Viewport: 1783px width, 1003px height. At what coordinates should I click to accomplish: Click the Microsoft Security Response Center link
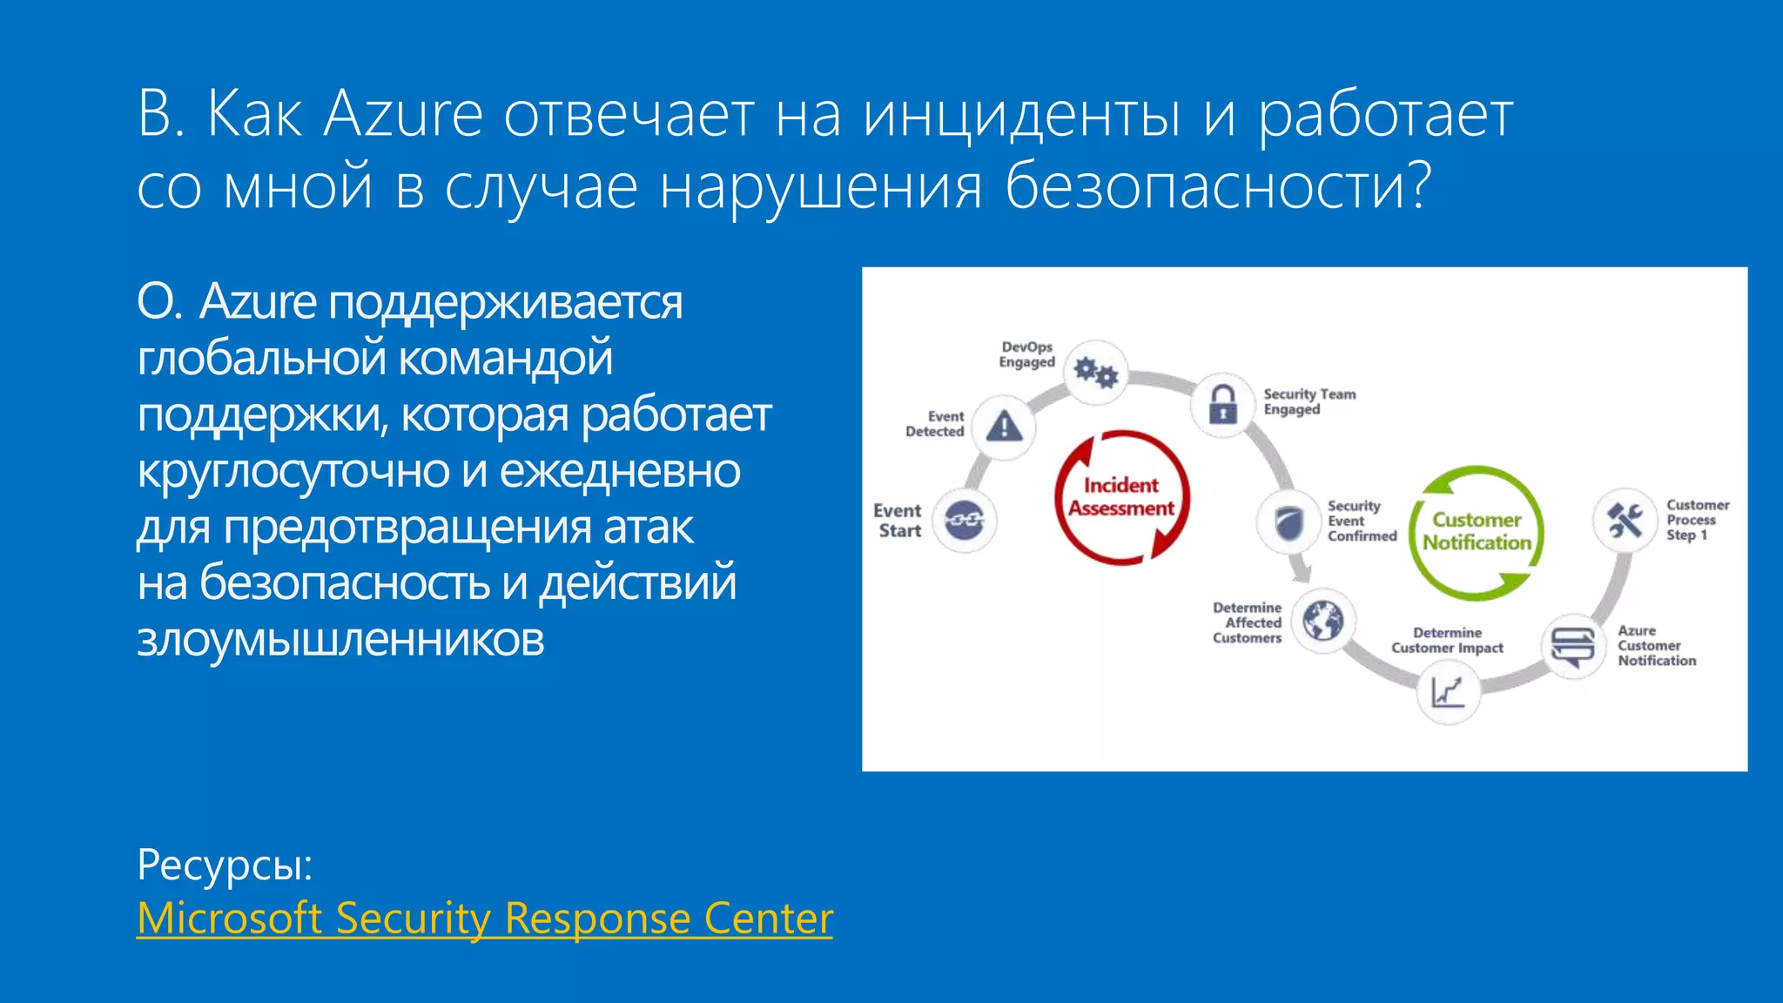tap(485, 919)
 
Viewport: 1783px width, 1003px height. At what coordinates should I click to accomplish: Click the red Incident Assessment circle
tap(1121, 497)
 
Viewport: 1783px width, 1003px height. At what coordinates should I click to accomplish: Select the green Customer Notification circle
tap(1477, 531)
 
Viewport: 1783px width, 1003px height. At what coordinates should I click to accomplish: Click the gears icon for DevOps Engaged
tap(1096, 372)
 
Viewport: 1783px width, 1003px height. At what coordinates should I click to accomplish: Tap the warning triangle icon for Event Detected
tap(1005, 427)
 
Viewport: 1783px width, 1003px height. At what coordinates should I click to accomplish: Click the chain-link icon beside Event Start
tap(965, 521)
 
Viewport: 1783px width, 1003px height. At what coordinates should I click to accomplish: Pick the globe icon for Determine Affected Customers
tap(1323, 621)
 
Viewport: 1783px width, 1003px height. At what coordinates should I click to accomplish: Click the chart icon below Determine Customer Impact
tap(1448, 692)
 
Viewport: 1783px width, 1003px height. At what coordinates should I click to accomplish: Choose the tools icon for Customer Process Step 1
tap(1625, 521)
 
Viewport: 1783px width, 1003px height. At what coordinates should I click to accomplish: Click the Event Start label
tap(898, 521)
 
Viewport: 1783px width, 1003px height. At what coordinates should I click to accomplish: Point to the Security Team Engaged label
tap(1309, 401)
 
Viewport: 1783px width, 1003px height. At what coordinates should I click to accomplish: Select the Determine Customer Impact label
tap(1447, 640)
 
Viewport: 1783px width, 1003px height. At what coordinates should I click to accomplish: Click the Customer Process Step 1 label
tap(1697, 520)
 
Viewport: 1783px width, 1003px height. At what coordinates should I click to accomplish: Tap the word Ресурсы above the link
tap(224, 865)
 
